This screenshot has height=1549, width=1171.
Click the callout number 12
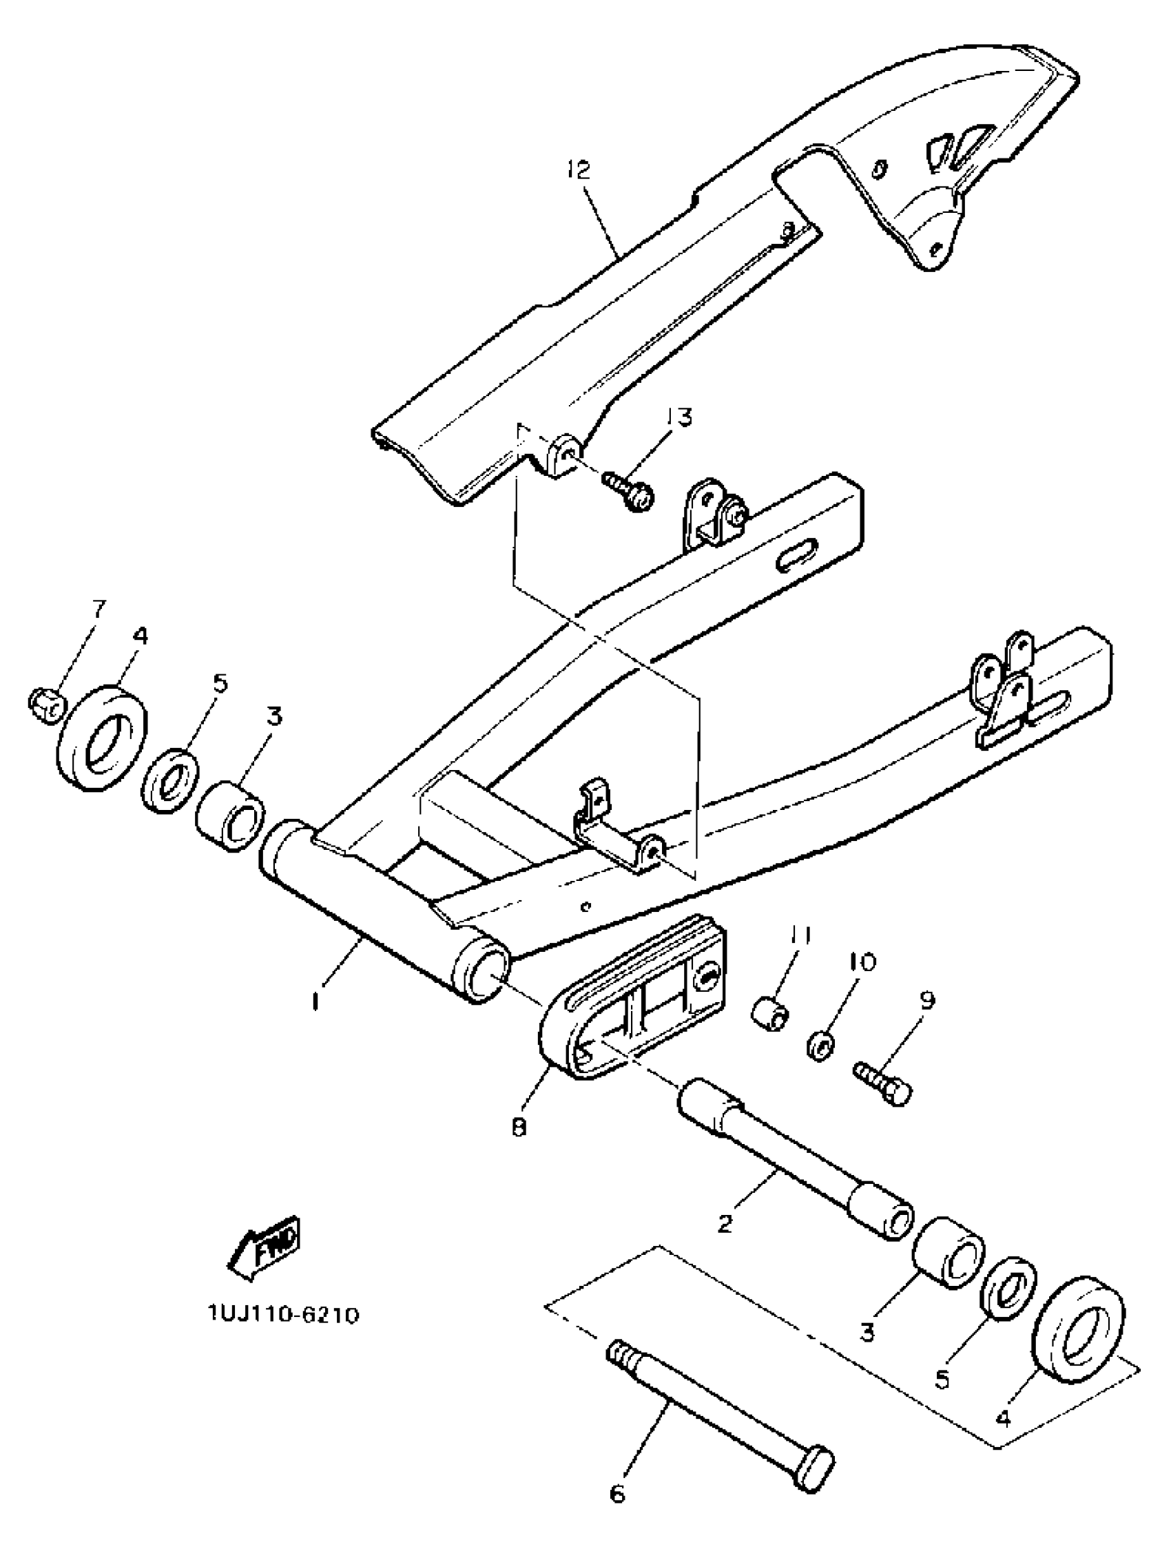[579, 171]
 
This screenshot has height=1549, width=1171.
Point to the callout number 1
[316, 1002]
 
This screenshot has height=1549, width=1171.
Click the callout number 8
[519, 1128]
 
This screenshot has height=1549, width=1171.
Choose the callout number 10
[864, 962]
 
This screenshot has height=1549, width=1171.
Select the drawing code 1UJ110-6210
[284, 1314]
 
